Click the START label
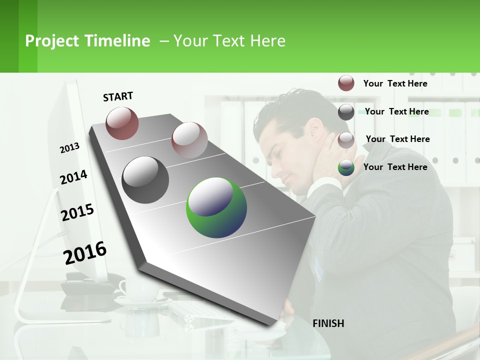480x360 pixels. (118, 96)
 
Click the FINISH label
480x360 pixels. (328, 323)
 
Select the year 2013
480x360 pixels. (69, 148)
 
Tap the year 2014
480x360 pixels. (73, 177)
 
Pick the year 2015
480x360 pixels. (77, 212)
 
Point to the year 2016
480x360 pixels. (85, 253)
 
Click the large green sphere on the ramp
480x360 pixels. (216, 207)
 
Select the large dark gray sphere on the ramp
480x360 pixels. (145, 179)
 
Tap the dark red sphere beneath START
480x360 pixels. (122, 123)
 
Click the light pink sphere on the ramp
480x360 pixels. (189, 139)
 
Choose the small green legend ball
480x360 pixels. (346, 167)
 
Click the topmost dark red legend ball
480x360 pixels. (346, 83)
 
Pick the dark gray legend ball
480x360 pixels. (346, 111)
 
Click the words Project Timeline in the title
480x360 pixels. (87, 41)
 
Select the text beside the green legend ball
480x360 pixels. (395, 167)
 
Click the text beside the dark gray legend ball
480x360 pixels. (396, 111)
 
